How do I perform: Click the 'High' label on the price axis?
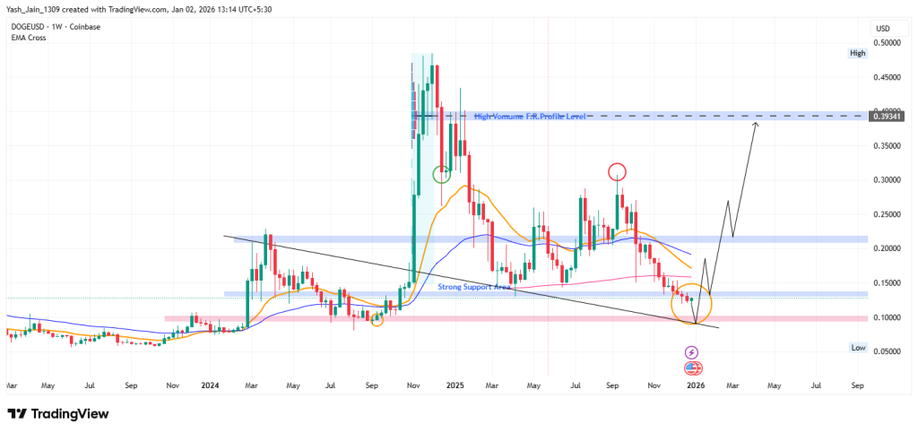(857, 54)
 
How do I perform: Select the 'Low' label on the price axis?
(857, 347)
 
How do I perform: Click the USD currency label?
(884, 27)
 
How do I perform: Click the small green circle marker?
(441, 174)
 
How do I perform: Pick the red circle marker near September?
(617, 170)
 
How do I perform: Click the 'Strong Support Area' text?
(474, 287)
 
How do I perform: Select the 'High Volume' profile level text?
(529, 117)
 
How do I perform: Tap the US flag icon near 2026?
(693, 368)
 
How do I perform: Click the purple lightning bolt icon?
(691, 354)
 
